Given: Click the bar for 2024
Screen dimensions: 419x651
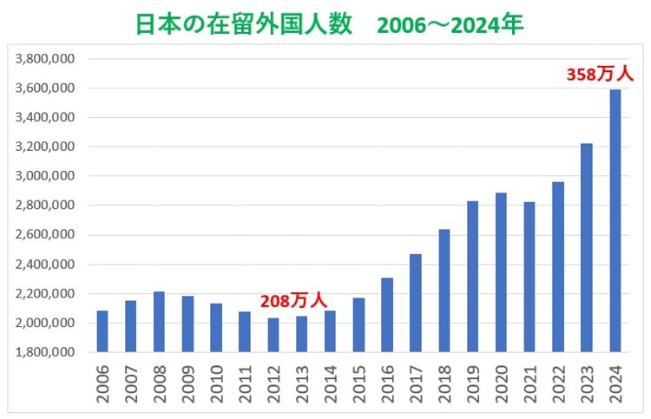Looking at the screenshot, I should click(615, 221).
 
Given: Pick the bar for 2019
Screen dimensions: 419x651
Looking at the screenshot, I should click(473, 277).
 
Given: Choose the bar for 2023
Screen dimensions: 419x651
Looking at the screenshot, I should click(587, 248).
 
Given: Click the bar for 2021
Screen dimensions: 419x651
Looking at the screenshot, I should click(529, 277).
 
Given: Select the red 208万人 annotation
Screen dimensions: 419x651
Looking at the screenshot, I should click(293, 300).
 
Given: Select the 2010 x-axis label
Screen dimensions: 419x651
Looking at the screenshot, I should click(216, 382).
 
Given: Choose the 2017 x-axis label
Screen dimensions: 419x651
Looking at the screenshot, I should click(416, 382).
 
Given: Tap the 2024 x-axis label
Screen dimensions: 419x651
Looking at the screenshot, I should click(615, 382).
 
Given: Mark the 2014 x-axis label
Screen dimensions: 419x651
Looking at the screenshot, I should click(331, 382).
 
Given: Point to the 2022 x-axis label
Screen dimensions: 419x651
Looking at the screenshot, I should click(558, 382).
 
